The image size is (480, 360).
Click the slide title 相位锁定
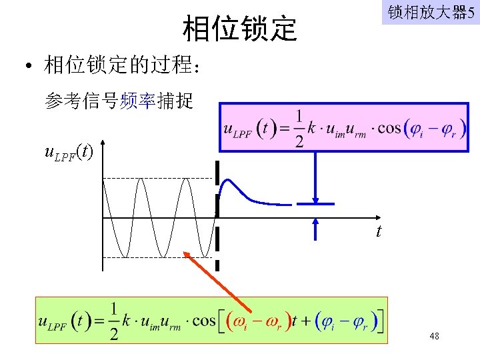click(239, 28)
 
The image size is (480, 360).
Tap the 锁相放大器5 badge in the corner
click(430, 13)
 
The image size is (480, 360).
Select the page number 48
click(434, 337)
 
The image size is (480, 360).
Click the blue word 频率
click(138, 101)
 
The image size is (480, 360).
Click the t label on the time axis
click(379, 231)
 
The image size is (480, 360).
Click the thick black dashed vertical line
click(217, 220)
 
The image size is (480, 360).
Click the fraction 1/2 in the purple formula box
click(299, 129)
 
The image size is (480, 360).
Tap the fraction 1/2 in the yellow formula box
click(114, 321)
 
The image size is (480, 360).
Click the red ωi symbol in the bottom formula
click(242, 321)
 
